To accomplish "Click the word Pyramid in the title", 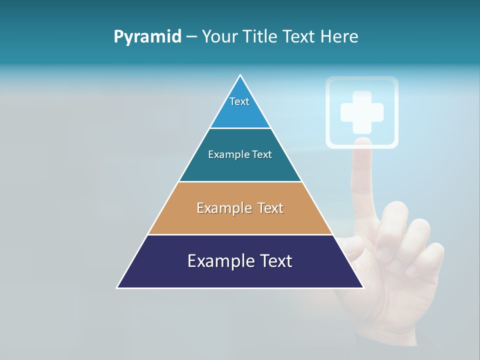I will [147, 37].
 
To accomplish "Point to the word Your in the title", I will [219, 37].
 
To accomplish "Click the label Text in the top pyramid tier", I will [239, 101].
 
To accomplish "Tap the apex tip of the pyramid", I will [240, 75].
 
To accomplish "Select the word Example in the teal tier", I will [226, 155].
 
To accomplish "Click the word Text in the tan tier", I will [270, 208].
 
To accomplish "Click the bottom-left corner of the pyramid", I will [118, 287].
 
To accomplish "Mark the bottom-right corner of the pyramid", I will [362, 287].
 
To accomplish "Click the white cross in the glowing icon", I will [362, 112].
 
